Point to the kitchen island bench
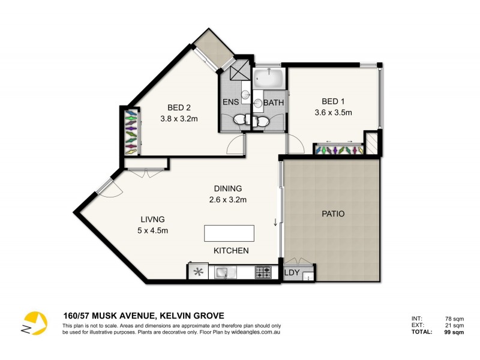(229, 232)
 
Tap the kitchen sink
(223, 273)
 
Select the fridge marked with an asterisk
(197, 273)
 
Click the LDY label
(292, 273)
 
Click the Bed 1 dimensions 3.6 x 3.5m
(332, 112)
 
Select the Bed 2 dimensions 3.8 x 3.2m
(179, 119)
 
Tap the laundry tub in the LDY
(308, 277)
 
